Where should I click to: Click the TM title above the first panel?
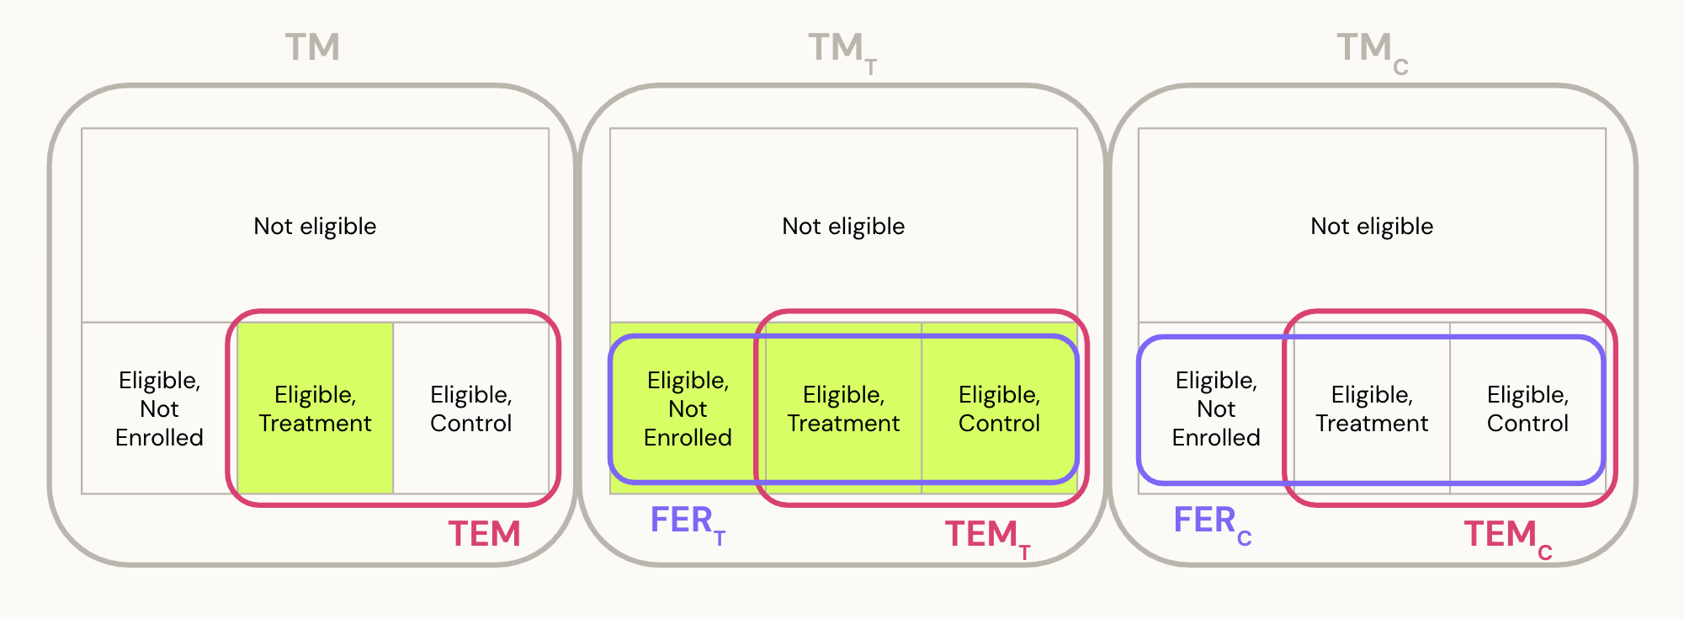(312, 47)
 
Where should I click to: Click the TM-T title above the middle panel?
(842, 51)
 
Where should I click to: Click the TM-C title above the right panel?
(1371, 51)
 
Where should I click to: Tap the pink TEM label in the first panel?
(484, 534)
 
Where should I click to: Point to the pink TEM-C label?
(1507, 536)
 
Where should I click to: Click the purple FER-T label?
(687, 523)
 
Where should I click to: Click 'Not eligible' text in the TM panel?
(315, 226)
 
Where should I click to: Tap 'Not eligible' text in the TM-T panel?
(843, 226)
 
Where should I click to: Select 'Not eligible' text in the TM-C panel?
(1372, 226)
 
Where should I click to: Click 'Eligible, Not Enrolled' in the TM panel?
(159, 408)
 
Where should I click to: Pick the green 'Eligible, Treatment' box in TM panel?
(315, 408)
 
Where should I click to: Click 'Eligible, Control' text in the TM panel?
(470, 408)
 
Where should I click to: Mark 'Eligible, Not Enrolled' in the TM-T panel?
(688, 408)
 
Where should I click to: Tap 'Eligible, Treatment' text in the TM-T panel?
(843, 408)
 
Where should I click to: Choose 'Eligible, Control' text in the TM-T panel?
(999, 408)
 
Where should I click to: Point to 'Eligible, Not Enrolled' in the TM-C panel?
(1216, 408)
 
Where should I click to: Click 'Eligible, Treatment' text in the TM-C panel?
(1372, 408)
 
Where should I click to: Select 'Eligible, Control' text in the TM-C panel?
(1527, 408)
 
